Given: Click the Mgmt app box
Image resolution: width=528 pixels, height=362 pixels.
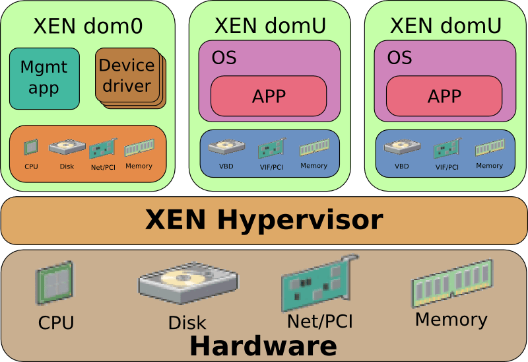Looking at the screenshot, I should (x=44, y=78).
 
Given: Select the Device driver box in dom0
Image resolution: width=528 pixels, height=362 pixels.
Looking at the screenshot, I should (x=127, y=76).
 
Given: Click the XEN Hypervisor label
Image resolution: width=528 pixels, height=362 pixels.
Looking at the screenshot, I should (x=264, y=220).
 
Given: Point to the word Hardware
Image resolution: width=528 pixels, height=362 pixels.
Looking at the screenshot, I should (x=264, y=345).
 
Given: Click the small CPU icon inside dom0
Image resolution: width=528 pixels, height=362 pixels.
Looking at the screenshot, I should (x=31, y=147).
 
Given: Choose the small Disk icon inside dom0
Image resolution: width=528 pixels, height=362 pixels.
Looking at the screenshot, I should (x=67, y=147).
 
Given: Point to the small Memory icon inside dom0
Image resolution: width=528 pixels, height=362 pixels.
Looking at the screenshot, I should (x=139, y=147).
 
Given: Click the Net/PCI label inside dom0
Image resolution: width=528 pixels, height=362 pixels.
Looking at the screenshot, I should (x=103, y=167).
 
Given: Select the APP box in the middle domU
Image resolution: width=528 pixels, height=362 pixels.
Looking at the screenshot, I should (x=269, y=96).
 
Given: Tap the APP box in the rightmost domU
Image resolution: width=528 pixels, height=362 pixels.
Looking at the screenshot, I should (x=444, y=96).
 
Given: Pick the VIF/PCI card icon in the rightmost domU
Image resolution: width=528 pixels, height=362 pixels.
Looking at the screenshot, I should (x=447, y=148).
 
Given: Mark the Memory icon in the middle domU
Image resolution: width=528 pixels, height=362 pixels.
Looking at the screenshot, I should (x=313, y=149).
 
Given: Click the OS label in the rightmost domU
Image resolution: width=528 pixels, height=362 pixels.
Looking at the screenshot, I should (x=399, y=58).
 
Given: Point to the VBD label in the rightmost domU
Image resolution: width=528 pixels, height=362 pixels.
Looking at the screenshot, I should (x=402, y=166).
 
